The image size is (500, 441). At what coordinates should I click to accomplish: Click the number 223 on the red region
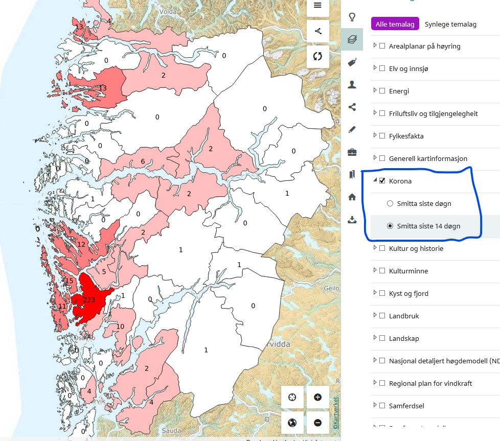pyautogui.click(x=89, y=300)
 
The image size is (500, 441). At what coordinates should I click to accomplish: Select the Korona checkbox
pyautogui.click(x=382, y=181)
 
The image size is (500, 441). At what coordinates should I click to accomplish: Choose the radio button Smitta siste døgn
pyautogui.click(x=390, y=203)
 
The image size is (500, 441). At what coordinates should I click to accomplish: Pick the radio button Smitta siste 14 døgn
pyautogui.click(x=390, y=226)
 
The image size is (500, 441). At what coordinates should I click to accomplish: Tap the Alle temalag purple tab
pyautogui.click(x=395, y=24)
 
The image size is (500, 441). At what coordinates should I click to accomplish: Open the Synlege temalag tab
pyautogui.click(x=450, y=24)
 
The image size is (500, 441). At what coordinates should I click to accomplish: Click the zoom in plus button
pyautogui.click(x=317, y=397)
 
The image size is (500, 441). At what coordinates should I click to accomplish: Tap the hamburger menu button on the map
pyautogui.click(x=317, y=6)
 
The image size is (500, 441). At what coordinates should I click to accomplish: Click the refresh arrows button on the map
pyautogui.click(x=317, y=56)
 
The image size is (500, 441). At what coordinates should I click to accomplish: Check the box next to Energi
pyautogui.click(x=382, y=91)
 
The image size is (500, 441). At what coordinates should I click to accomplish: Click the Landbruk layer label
pyautogui.click(x=404, y=316)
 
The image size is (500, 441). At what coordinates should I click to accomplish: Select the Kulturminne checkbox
pyautogui.click(x=382, y=271)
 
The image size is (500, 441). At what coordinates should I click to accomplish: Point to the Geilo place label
pyautogui.click(x=331, y=288)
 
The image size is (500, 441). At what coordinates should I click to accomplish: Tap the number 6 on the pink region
pyautogui.click(x=143, y=162)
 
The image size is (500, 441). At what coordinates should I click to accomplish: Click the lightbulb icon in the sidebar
pyautogui.click(x=352, y=17)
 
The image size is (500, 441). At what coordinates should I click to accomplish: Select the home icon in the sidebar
pyautogui.click(x=352, y=197)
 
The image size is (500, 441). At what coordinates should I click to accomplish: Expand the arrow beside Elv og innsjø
pyautogui.click(x=375, y=68)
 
